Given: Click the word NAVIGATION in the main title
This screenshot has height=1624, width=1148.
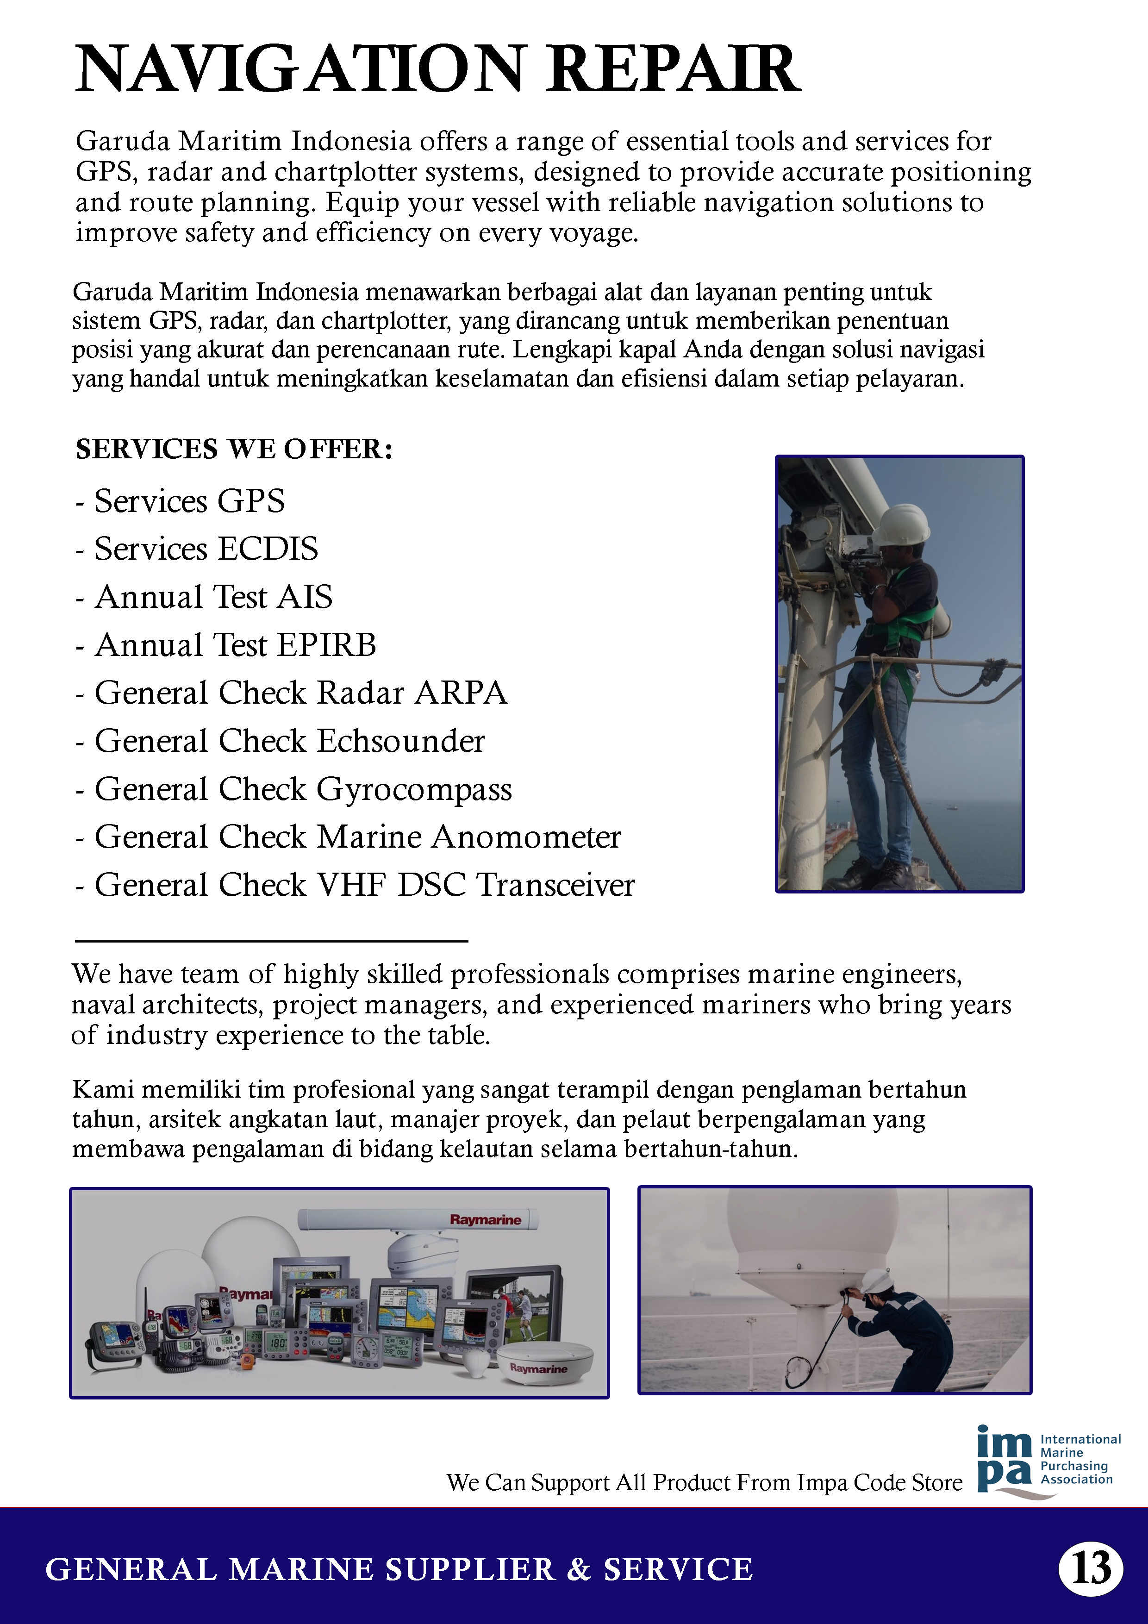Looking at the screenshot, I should point(300,69).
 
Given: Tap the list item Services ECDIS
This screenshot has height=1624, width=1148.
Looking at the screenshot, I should point(206,549).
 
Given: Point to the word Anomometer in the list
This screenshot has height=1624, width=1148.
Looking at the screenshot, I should point(526,837).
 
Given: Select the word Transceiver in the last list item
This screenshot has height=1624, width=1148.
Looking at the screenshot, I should point(555,886).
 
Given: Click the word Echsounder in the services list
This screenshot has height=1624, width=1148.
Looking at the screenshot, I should point(400,741).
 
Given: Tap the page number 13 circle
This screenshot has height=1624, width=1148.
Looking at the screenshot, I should point(1090,1569).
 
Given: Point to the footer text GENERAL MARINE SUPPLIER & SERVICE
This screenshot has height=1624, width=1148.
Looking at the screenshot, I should point(399,1569).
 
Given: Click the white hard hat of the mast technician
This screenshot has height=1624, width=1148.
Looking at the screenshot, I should point(901,524).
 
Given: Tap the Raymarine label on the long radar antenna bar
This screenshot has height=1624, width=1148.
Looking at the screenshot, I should point(485,1219).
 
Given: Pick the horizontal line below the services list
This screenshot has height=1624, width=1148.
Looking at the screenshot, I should point(272,941).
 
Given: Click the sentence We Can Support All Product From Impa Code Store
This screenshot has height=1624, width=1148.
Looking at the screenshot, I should point(704,1482).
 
